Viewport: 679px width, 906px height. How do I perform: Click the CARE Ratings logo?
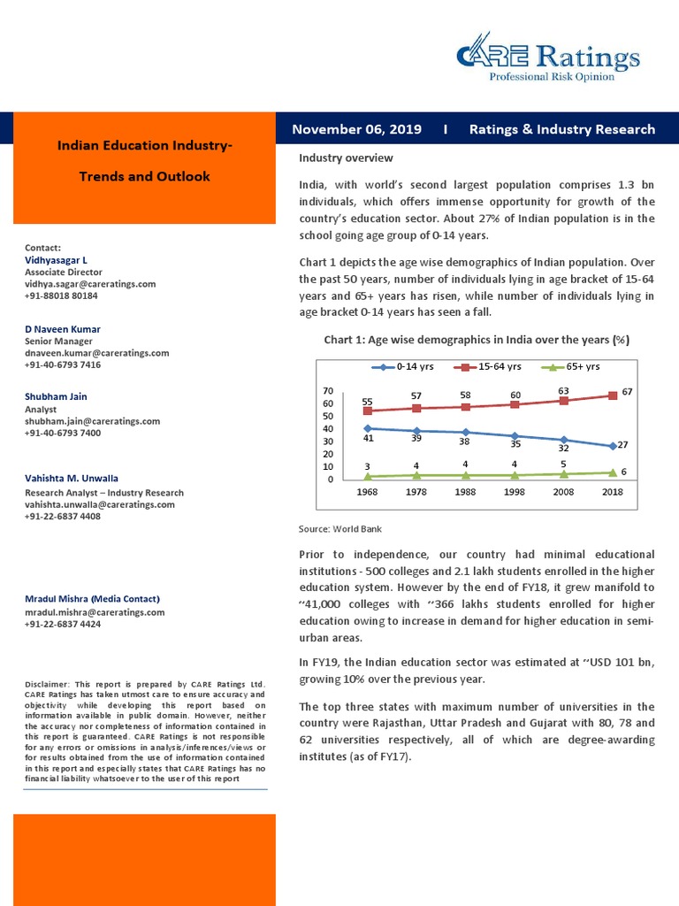point(547,58)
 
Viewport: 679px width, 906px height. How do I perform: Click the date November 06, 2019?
point(356,129)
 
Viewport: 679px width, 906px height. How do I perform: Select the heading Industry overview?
point(346,157)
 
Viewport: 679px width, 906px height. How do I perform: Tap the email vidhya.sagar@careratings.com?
point(90,284)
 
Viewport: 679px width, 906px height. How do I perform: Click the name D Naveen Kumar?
point(63,329)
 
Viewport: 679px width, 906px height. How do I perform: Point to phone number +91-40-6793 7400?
point(63,433)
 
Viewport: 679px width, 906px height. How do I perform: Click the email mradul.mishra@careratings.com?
point(95,611)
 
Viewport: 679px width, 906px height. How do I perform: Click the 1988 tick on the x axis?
point(465,492)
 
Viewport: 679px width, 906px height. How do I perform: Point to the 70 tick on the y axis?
point(327,390)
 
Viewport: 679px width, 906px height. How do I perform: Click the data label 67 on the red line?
point(628,390)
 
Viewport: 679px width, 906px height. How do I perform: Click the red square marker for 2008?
point(563,401)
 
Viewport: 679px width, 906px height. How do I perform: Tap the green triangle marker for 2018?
point(613,472)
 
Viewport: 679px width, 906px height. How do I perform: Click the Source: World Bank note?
point(340,528)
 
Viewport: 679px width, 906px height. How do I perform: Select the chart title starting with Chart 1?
point(477,340)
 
